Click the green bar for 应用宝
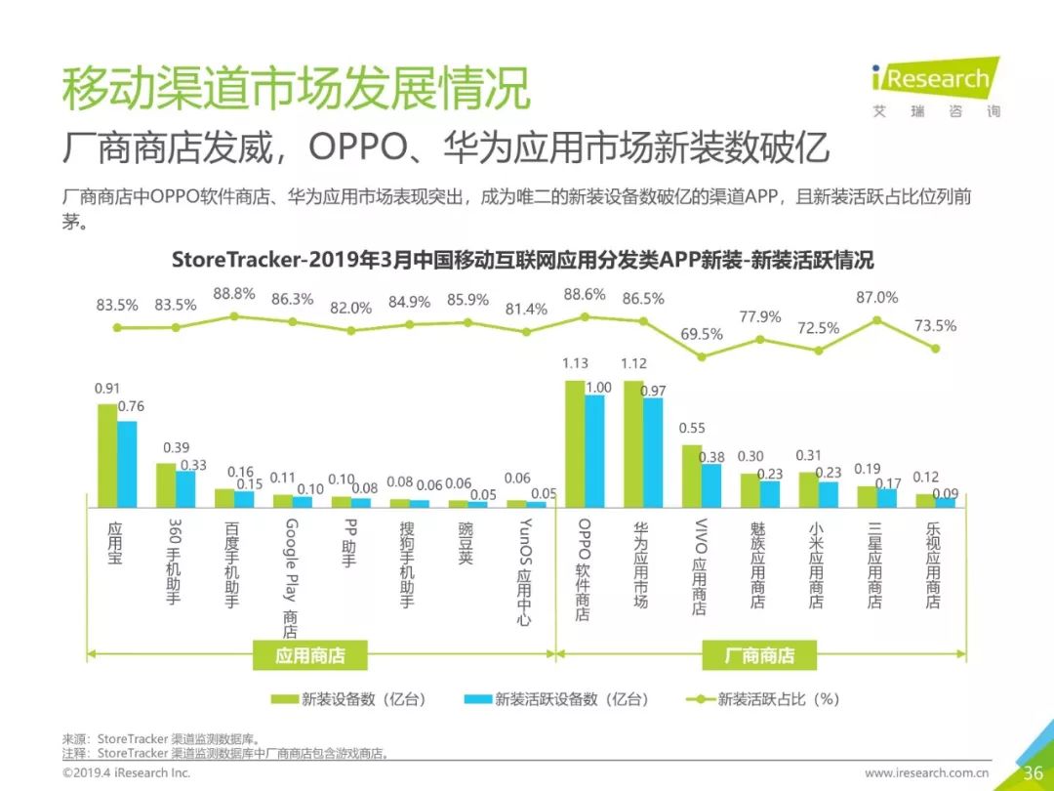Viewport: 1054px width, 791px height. coord(107,454)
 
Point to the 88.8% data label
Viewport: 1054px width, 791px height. coord(234,293)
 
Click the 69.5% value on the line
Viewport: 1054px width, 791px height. coord(702,334)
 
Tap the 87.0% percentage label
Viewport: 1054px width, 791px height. coord(876,297)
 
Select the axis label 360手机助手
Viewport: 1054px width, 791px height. coord(173,562)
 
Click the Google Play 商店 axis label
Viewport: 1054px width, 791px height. coord(290,577)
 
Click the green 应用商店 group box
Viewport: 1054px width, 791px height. coord(309,655)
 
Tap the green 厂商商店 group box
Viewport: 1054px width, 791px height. coord(759,655)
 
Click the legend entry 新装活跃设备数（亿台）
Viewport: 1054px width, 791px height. coord(570,699)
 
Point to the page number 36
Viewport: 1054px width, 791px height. coord(1033,772)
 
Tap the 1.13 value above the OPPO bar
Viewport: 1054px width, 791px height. coord(575,363)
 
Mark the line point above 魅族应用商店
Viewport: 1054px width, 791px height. coord(760,340)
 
